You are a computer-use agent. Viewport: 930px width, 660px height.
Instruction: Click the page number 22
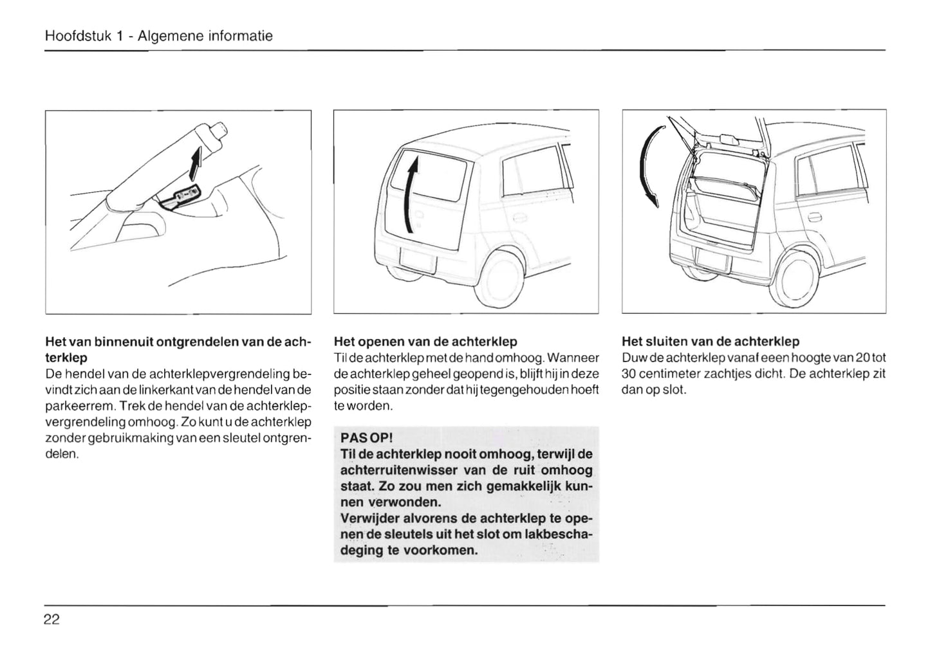51,619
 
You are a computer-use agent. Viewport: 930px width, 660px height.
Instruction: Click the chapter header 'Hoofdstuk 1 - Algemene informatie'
159,36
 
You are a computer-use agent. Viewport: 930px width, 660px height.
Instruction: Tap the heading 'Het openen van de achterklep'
425,342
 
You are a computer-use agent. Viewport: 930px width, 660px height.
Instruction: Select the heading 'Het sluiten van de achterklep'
711,342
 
